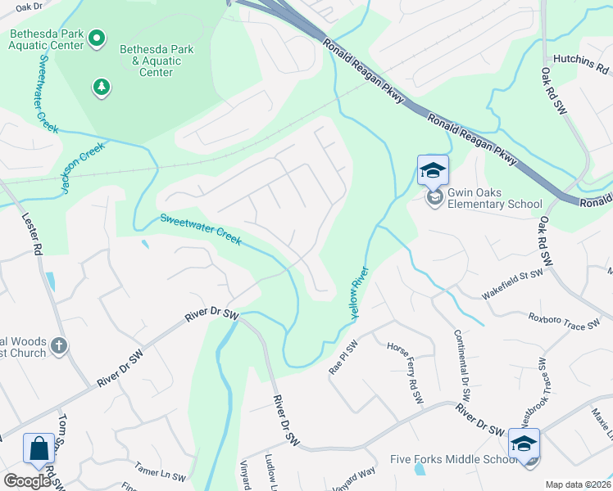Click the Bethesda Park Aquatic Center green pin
coord(97,38)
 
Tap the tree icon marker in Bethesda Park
coord(101,87)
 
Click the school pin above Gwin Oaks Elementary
coord(433,170)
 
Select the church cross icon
coord(58,346)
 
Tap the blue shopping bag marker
coord(39,448)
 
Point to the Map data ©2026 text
coord(578,484)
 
